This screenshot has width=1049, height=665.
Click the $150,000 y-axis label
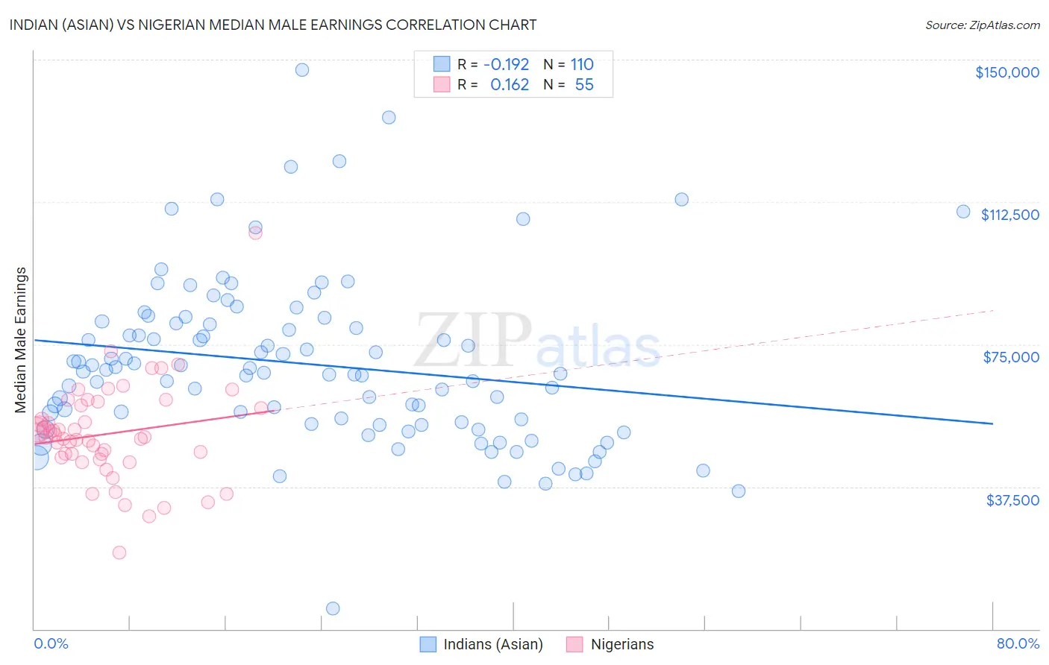(x=1006, y=72)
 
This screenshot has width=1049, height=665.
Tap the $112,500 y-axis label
(x=1009, y=215)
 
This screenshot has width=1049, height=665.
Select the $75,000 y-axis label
(x=1011, y=357)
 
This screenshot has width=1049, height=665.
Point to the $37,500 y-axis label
(x=1012, y=499)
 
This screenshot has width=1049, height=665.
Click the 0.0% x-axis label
(x=51, y=643)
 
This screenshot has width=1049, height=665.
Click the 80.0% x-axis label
(x=1018, y=643)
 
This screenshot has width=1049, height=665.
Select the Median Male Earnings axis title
(x=20, y=339)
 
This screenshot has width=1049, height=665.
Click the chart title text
(x=273, y=25)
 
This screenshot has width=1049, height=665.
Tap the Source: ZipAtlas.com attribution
(x=982, y=25)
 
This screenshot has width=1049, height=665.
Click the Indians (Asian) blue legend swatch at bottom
(x=428, y=644)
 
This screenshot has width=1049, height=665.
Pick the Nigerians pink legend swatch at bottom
(x=574, y=644)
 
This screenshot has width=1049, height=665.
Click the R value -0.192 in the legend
(x=506, y=64)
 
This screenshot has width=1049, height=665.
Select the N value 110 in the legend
(x=582, y=64)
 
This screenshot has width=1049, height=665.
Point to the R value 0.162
(x=510, y=85)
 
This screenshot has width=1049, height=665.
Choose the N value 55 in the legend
(x=584, y=85)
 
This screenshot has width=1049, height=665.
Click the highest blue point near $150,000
(x=302, y=70)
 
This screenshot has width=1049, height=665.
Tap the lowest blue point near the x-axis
(x=333, y=608)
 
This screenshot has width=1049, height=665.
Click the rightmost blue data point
(x=963, y=212)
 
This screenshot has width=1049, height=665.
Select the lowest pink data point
(x=119, y=552)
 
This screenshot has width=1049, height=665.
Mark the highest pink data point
(x=255, y=233)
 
